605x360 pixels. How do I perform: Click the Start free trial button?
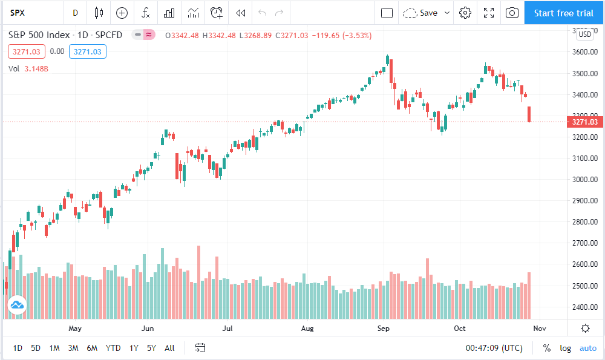click(564, 13)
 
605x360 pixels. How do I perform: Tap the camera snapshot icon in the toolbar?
click(512, 13)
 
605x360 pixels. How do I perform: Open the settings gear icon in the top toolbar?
click(465, 13)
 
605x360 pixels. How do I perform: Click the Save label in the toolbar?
click(429, 13)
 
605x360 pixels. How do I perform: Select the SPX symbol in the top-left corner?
click(18, 13)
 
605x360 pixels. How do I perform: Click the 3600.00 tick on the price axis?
click(585, 51)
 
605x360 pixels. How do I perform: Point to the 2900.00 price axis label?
click(585, 201)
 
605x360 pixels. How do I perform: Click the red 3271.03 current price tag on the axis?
click(584, 122)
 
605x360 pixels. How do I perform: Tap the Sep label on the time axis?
click(383, 329)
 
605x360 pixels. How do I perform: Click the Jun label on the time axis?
click(148, 329)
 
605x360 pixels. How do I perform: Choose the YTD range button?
click(113, 348)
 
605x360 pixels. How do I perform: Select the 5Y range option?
click(151, 348)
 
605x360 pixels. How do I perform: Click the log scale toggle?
click(565, 349)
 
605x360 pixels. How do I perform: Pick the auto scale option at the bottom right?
click(588, 349)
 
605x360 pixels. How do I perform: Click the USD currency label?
click(585, 34)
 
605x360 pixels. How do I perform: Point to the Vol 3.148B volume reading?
click(28, 69)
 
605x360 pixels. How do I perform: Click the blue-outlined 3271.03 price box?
click(88, 51)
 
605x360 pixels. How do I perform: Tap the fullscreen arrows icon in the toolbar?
click(489, 13)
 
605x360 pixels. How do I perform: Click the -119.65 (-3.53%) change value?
click(342, 36)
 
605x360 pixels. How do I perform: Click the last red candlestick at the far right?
click(529, 114)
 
